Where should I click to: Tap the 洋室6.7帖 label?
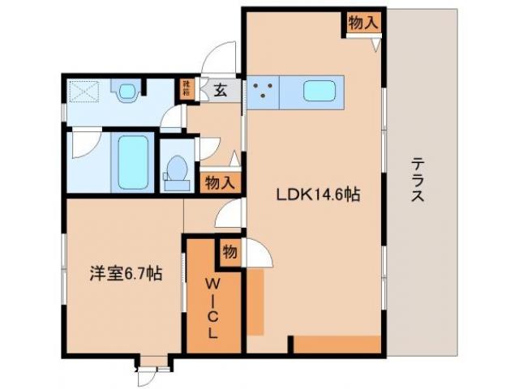(x=125, y=274)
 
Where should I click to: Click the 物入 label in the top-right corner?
(x=362, y=23)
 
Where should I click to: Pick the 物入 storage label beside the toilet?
(x=218, y=182)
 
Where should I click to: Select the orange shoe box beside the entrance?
(x=187, y=86)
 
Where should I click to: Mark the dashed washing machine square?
(x=83, y=92)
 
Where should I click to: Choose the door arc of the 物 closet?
(x=258, y=253)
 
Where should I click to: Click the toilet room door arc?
(x=208, y=148)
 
